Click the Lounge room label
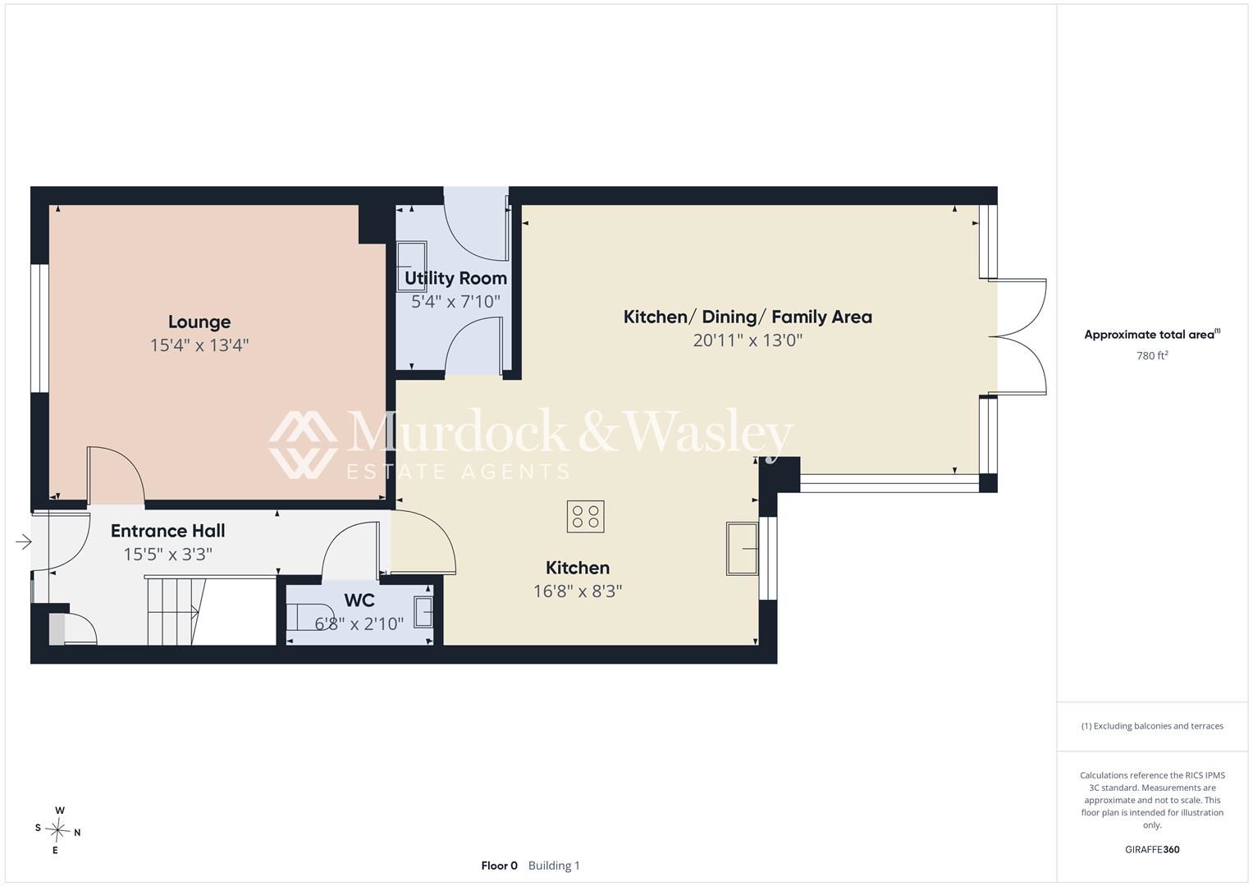pyautogui.click(x=199, y=322)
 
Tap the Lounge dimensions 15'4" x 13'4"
pyautogui.click(x=199, y=345)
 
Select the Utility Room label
pyautogui.click(x=455, y=278)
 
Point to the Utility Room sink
pyautogui.click(x=412, y=267)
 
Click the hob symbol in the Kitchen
pyautogui.click(x=586, y=516)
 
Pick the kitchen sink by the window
pyautogui.click(x=743, y=549)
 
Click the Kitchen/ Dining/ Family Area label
pyautogui.click(x=748, y=317)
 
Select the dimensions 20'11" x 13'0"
pyautogui.click(x=748, y=340)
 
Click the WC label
pyautogui.click(x=359, y=601)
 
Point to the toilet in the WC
pyautogui.click(x=310, y=617)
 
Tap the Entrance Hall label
pyautogui.click(x=168, y=531)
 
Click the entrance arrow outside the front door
pyautogui.click(x=24, y=541)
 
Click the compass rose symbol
pyautogui.click(x=57, y=830)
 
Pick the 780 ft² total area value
pyautogui.click(x=1152, y=356)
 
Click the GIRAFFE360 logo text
pyautogui.click(x=1152, y=849)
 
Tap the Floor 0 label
pyautogui.click(x=499, y=865)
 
